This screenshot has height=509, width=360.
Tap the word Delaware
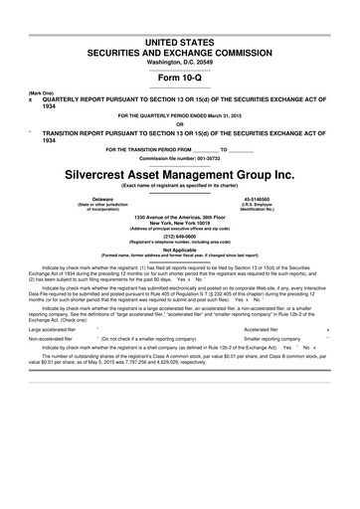click(102, 198)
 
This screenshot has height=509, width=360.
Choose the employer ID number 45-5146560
click(256, 198)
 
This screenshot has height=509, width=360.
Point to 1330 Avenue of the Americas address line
click(179, 217)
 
